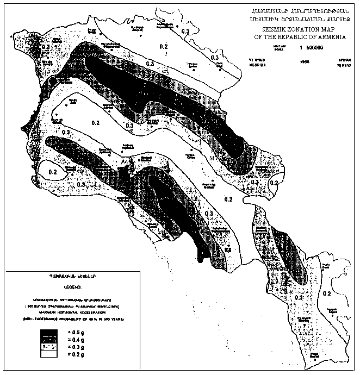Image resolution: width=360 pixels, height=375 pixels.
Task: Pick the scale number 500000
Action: click(312, 48)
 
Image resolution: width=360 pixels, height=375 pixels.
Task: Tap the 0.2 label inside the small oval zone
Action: click(54, 172)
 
